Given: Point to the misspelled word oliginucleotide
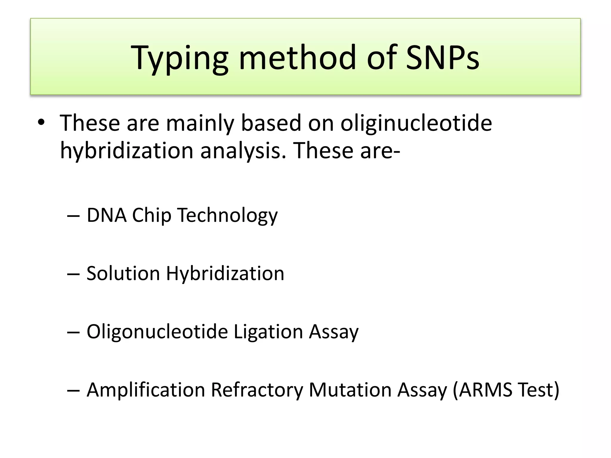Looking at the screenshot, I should tap(416, 123).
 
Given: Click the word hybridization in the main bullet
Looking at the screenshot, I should tap(127, 151).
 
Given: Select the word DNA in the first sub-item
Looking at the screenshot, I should tap(107, 215).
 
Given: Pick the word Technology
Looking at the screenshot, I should tap(227, 216).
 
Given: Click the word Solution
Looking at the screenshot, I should tap(123, 273).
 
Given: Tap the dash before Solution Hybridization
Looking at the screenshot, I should tap(73, 274).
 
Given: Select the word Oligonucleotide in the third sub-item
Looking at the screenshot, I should tap(157, 332).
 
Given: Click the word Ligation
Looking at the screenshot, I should tap(268, 332).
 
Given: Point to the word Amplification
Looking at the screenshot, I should tap(146, 390).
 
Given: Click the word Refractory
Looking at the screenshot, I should tap(257, 390).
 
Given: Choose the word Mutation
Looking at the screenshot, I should tap(350, 390).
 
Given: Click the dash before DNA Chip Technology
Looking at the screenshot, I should tap(73, 216).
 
